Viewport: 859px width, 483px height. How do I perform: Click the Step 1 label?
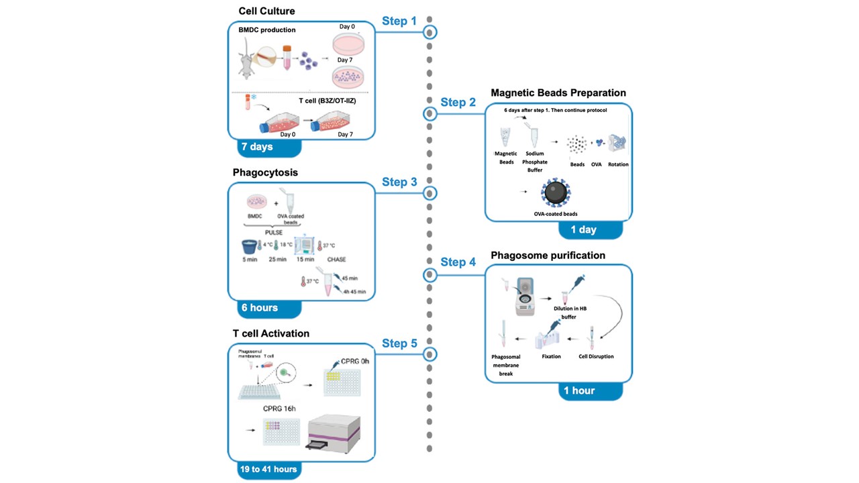[399, 21]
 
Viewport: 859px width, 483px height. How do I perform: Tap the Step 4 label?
[458, 262]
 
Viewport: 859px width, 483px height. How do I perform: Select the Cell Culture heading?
[266, 11]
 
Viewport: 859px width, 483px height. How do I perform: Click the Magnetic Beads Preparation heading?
[558, 93]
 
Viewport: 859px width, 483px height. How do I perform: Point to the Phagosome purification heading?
[548, 255]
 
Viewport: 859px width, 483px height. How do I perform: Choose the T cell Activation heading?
[271, 333]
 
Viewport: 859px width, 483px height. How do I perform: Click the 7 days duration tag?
[257, 146]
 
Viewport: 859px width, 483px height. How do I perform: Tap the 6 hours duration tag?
[260, 307]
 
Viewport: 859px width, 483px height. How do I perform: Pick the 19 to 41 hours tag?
[268, 469]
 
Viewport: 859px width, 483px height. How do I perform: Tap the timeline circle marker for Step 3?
[430, 193]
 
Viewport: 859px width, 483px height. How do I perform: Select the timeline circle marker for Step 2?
[430, 114]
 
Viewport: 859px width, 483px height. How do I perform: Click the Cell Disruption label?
[596, 356]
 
